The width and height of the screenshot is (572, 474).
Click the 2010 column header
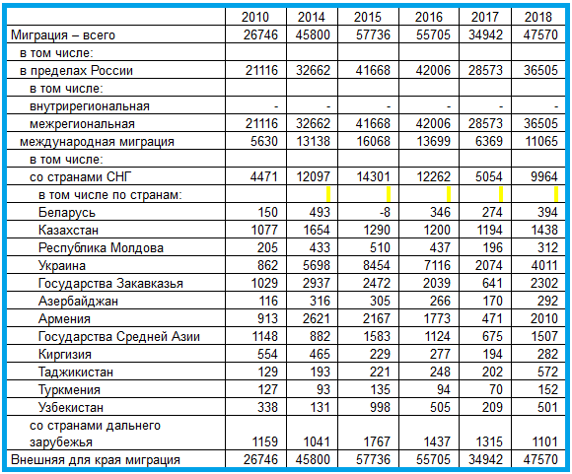[255, 17]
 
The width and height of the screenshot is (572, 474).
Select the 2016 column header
[429, 17]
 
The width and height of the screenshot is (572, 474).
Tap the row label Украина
[62, 265]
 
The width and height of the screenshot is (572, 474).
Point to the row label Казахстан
[68, 230]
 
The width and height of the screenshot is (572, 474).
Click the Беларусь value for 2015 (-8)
[384, 212]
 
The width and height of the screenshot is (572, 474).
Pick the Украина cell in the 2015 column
[377, 265]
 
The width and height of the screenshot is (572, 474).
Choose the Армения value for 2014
[316, 318]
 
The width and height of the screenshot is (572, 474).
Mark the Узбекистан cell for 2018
[547, 407]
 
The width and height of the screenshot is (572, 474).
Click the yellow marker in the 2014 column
[328, 194]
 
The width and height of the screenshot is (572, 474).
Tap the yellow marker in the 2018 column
[556, 194]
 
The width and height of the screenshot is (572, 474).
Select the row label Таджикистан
[76, 372]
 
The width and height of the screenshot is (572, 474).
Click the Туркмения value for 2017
[496, 389]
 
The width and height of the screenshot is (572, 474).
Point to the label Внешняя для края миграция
[96, 460]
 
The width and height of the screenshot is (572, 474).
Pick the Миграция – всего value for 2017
[485, 34]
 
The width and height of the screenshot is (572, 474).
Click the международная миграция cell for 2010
[264, 141]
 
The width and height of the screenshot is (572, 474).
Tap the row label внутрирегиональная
[90, 106]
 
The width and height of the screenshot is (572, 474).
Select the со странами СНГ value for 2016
[433, 176]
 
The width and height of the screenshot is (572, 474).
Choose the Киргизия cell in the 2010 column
[267, 354]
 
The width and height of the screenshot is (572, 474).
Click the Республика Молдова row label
[101, 248]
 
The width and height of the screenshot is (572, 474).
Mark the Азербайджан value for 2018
[547, 301]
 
